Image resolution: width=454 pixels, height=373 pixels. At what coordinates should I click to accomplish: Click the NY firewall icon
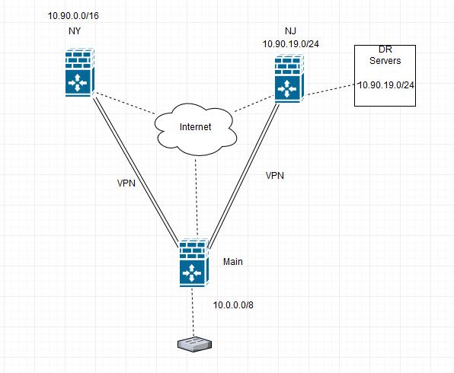pos(80,72)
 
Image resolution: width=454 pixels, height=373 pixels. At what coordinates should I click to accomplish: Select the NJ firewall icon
pos(289,78)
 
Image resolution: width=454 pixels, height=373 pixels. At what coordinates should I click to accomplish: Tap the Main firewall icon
pos(194,263)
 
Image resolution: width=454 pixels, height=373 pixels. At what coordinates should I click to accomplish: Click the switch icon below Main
pos(194,344)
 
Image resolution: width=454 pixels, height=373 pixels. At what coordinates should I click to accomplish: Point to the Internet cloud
pos(196,129)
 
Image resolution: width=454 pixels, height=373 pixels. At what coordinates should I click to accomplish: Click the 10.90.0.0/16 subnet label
pos(73,16)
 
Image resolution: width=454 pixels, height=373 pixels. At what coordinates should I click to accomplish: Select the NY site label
pos(75,31)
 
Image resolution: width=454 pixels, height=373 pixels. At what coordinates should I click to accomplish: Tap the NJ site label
pos(290,31)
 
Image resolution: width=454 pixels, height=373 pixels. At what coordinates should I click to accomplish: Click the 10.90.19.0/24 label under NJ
pos(291,44)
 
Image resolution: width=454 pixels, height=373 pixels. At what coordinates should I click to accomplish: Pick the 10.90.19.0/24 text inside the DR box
pos(386,85)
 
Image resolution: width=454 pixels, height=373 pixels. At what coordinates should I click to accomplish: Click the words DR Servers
pos(385,55)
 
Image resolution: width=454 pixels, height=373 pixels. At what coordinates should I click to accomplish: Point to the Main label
pos(233,262)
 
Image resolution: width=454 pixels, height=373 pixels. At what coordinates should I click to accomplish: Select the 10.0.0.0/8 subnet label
pos(233,305)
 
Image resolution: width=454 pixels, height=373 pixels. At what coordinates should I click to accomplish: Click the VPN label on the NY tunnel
pos(126,183)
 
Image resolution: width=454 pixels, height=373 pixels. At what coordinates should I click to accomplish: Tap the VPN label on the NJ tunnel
pos(275,175)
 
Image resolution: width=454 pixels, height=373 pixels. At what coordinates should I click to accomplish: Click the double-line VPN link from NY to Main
pos(136,172)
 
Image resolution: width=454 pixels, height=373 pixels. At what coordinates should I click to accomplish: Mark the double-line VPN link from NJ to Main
pos(244,177)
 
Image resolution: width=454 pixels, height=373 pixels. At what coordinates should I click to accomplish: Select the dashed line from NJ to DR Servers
pos(330,89)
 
